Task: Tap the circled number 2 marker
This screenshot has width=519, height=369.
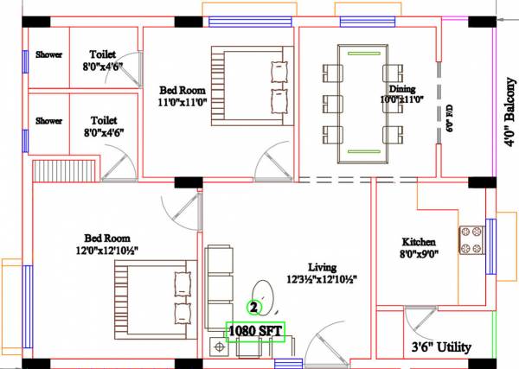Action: click(x=254, y=306)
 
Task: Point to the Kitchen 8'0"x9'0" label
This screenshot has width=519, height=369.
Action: click(x=419, y=249)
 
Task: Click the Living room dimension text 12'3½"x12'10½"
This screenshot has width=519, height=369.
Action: click(x=321, y=279)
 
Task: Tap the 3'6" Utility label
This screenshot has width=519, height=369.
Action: click(x=441, y=347)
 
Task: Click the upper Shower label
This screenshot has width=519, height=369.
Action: click(x=48, y=54)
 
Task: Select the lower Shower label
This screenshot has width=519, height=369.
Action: click(x=48, y=121)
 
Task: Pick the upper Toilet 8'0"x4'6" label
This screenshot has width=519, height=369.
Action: click(x=102, y=60)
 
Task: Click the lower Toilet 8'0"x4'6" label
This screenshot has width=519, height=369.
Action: click(x=102, y=126)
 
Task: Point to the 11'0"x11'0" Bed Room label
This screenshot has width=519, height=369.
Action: click(x=181, y=95)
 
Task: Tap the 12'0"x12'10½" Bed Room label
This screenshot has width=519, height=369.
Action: click(x=106, y=245)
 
